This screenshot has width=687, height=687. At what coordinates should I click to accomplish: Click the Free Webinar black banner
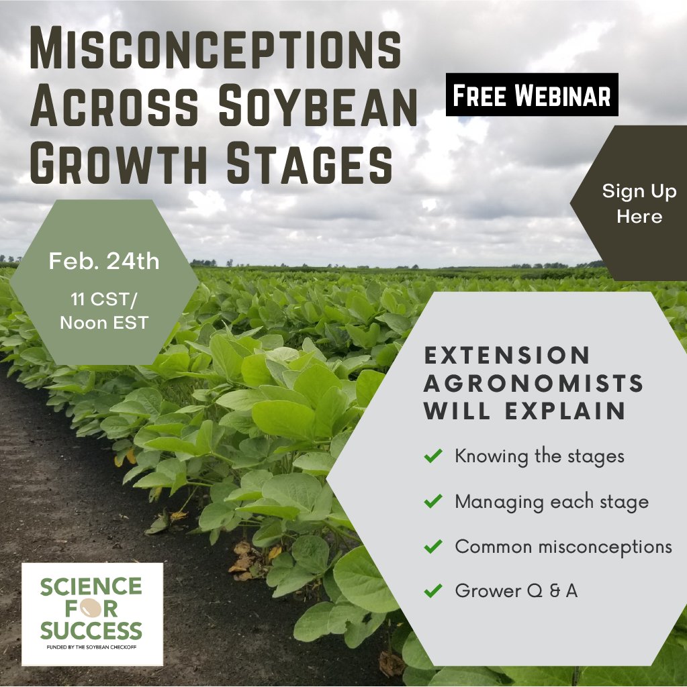pyautogui.click(x=532, y=95)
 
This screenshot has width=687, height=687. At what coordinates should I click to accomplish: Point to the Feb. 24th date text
pyautogui.click(x=104, y=261)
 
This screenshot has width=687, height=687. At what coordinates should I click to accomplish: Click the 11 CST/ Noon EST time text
pyautogui.click(x=104, y=309)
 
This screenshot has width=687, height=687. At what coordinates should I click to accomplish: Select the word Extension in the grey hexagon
pyautogui.click(x=508, y=354)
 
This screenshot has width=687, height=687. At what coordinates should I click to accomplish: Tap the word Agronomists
pyautogui.click(x=534, y=383)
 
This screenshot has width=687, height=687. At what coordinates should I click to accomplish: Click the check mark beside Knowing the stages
pyautogui.click(x=433, y=456)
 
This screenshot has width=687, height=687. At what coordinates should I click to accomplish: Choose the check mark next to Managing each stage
pyautogui.click(x=433, y=501)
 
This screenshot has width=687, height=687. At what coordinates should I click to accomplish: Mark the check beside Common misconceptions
pyautogui.click(x=433, y=546)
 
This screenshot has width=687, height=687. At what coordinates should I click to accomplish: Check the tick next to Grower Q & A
pyautogui.click(x=433, y=590)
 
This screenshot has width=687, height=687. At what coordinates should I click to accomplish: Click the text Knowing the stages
pyautogui.click(x=539, y=456)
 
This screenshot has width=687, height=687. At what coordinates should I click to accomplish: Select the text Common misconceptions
pyautogui.click(x=563, y=546)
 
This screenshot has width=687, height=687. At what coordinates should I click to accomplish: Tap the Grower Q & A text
pyautogui.click(x=516, y=590)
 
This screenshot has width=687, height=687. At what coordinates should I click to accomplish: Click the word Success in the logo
pyautogui.click(x=91, y=631)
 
